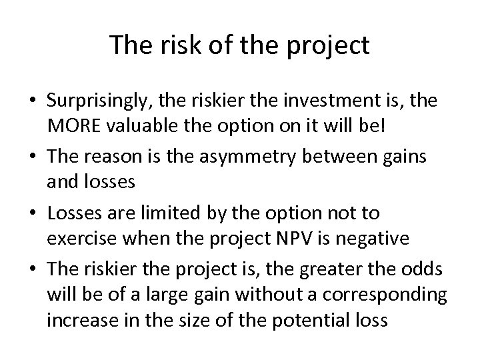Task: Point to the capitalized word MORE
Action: click(x=74, y=126)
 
